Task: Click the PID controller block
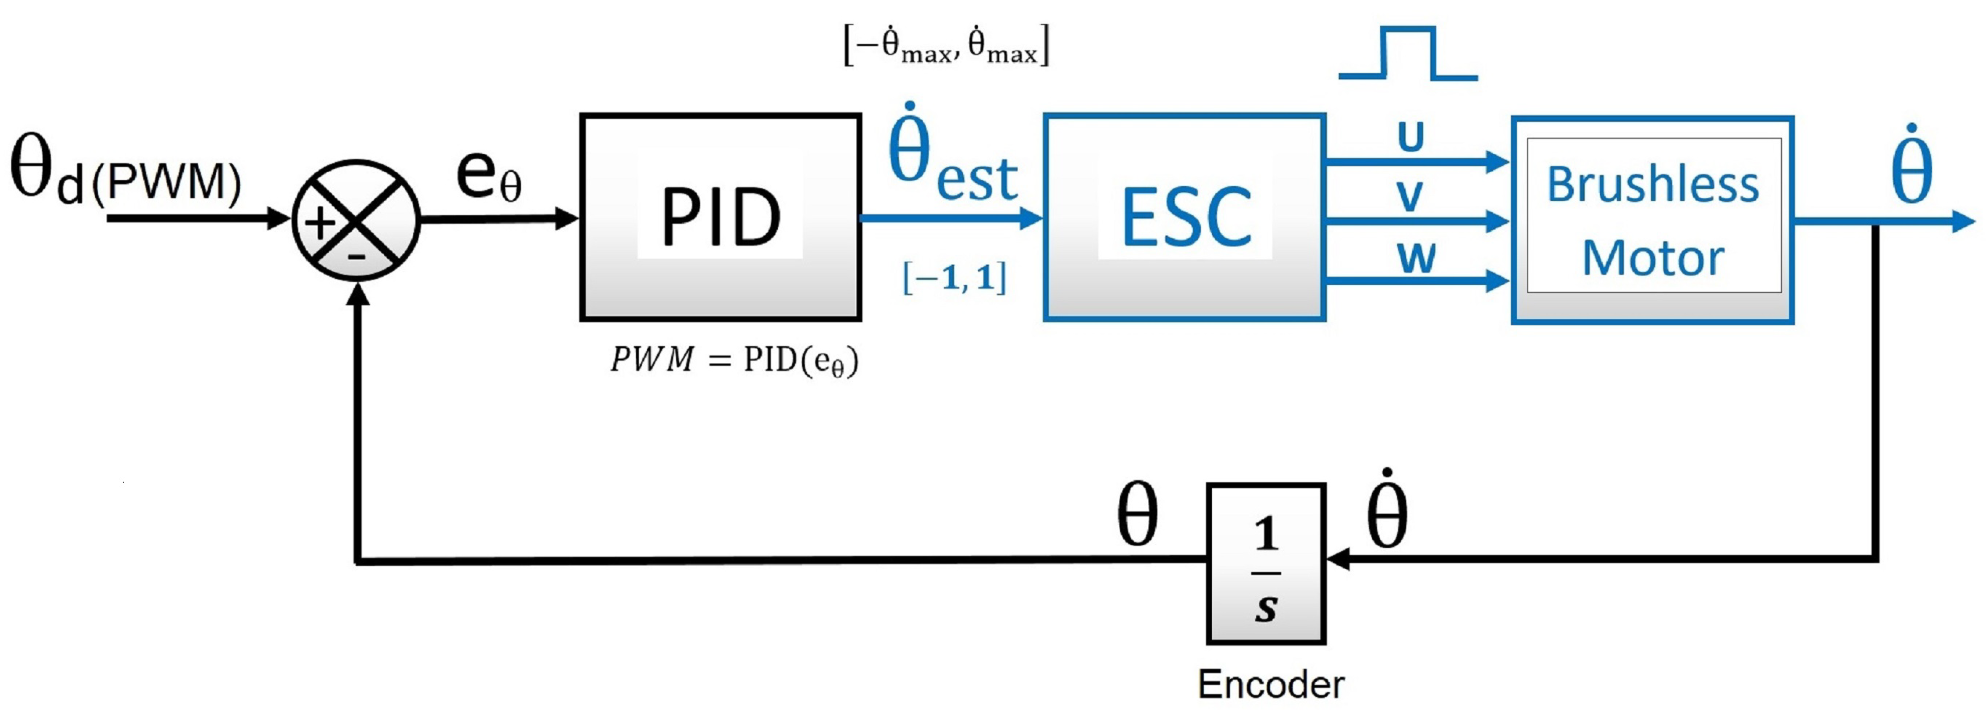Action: click(x=720, y=217)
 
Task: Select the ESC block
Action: click(x=1184, y=217)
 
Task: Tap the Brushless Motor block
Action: click(x=1652, y=220)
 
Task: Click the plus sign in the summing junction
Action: click(x=320, y=224)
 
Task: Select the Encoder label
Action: click(x=1271, y=684)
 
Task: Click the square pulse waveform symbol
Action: click(x=1409, y=54)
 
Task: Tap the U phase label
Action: click(x=1411, y=138)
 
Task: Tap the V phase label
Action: click(x=1410, y=197)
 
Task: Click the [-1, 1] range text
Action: click(x=954, y=278)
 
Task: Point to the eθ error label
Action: click(x=488, y=176)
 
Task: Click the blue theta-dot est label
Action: click(x=953, y=158)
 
